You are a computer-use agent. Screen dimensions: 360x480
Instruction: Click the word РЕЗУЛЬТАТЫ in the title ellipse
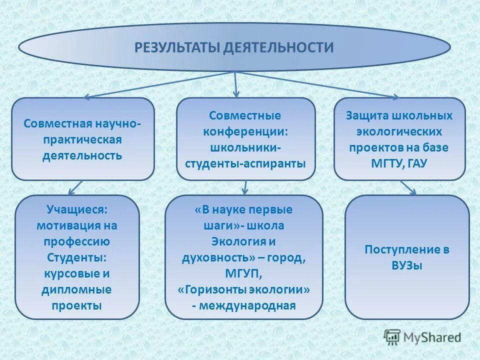tap(176, 47)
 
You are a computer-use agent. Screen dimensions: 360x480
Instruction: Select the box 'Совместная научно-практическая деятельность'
tap(83, 138)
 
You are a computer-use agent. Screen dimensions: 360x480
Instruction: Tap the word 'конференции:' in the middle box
tap(246, 132)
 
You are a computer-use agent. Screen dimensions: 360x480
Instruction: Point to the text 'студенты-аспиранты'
tap(246, 163)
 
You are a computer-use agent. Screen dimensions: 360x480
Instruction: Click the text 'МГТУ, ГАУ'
tap(399, 163)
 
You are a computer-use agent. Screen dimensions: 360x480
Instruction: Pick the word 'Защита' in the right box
tap(365, 116)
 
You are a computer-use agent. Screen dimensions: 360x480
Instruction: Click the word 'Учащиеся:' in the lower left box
tap(77, 209)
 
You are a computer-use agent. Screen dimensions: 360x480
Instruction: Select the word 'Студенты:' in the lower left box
tap(77, 257)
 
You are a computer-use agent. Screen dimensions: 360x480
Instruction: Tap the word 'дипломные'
tap(77, 289)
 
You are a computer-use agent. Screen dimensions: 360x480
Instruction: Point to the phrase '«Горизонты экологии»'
tap(243, 289)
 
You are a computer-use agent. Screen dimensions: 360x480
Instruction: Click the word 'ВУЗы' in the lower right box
tap(407, 265)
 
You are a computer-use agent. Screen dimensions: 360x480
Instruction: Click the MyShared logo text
tap(432, 337)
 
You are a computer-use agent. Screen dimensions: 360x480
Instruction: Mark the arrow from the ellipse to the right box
tap(320, 84)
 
